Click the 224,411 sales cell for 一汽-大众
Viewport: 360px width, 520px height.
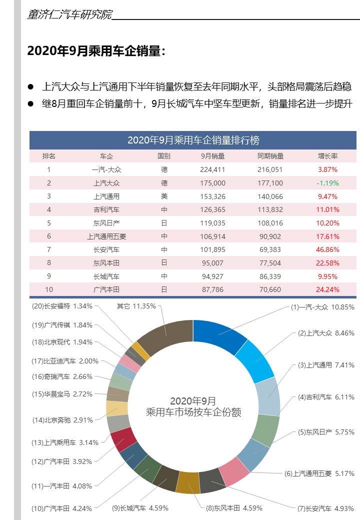pyautogui.click(x=212, y=170)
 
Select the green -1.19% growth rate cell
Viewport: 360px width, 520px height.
pyautogui.click(x=327, y=183)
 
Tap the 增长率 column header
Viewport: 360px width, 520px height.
pyautogui.click(x=327, y=156)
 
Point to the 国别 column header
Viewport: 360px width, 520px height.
pyautogui.click(x=164, y=156)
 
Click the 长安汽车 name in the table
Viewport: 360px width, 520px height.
pyautogui.click(x=106, y=249)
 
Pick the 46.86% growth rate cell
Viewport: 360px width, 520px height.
pyautogui.click(x=327, y=249)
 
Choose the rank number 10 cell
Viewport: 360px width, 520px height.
pyautogui.click(x=49, y=289)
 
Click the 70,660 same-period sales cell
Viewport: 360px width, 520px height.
pyautogui.click(x=270, y=289)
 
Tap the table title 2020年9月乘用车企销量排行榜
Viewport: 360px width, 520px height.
pyautogui.click(x=193, y=140)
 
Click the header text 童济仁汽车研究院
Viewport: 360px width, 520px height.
pyautogui.click(x=70, y=14)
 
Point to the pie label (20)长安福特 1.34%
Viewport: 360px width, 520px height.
pyautogui.click(x=62, y=306)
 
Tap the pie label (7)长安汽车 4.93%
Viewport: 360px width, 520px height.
pyautogui.click(x=325, y=508)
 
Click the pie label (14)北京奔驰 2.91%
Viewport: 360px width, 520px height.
pyautogui.click(x=62, y=420)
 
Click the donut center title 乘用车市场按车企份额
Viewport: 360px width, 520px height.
pyautogui.click(x=193, y=412)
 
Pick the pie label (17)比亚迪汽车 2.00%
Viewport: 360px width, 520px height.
pyautogui.click(x=65, y=361)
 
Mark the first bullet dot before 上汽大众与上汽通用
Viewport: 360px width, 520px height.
pyautogui.click(x=31, y=87)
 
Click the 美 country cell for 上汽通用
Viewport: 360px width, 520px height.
pyautogui.click(x=164, y=196)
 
